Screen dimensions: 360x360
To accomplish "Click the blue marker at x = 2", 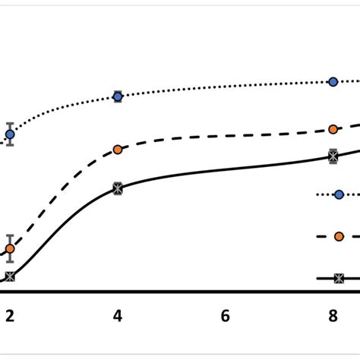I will (x=10, y=134).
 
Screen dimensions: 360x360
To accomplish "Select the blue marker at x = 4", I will (x=118, y=96).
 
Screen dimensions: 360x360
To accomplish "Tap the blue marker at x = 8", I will (x=333, y=81).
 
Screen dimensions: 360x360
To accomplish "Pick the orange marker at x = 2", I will (x=10, y=248).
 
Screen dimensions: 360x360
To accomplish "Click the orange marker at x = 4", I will (x=118, y=150).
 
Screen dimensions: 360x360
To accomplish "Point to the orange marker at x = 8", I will (x=333, y=129).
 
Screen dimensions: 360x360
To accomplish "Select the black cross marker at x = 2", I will (x=10, y=277).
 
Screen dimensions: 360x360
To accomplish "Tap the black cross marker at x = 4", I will (x=118, y=187).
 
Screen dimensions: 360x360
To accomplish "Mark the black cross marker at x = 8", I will (x=333, y=156).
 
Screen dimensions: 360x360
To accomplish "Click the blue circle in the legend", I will (x=339, y=194).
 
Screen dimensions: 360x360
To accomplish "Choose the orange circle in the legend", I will (x=339, y=237).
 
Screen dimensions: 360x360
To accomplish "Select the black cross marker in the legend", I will (x=339, y=279).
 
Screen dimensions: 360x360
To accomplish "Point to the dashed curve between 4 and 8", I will (x=228, y=139).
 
